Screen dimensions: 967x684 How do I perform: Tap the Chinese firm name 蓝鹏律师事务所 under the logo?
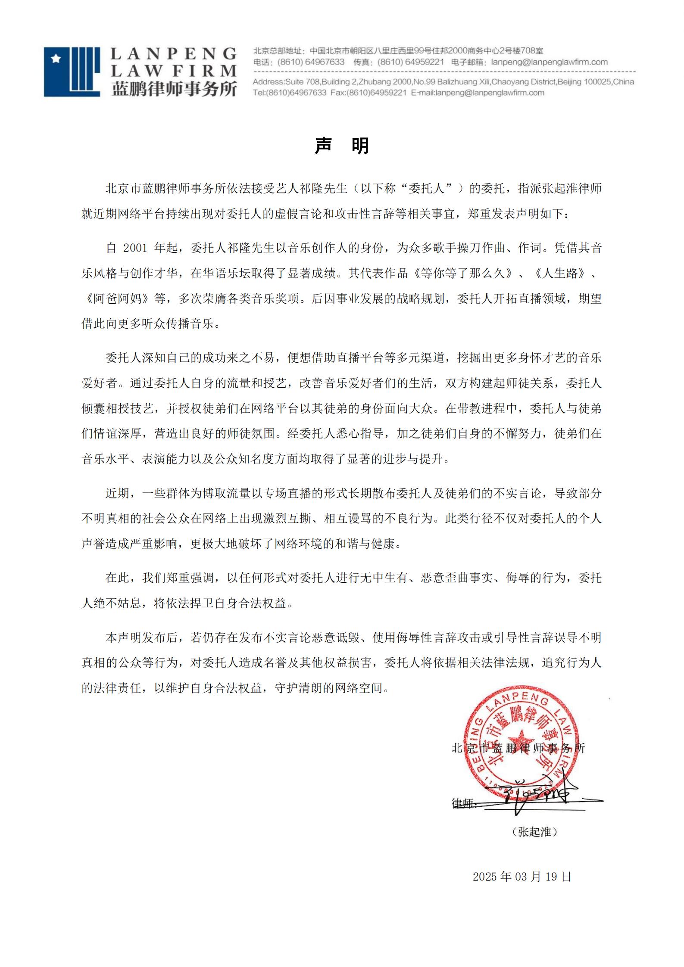point(174,89)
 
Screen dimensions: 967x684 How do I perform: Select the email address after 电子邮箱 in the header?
point(549,62)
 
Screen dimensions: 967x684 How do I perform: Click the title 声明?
point(342,146)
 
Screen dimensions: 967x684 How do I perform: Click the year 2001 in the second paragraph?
point(135,248)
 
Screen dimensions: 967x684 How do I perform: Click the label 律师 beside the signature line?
point(462,803)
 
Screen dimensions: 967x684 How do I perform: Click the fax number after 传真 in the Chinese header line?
point(410,62)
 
